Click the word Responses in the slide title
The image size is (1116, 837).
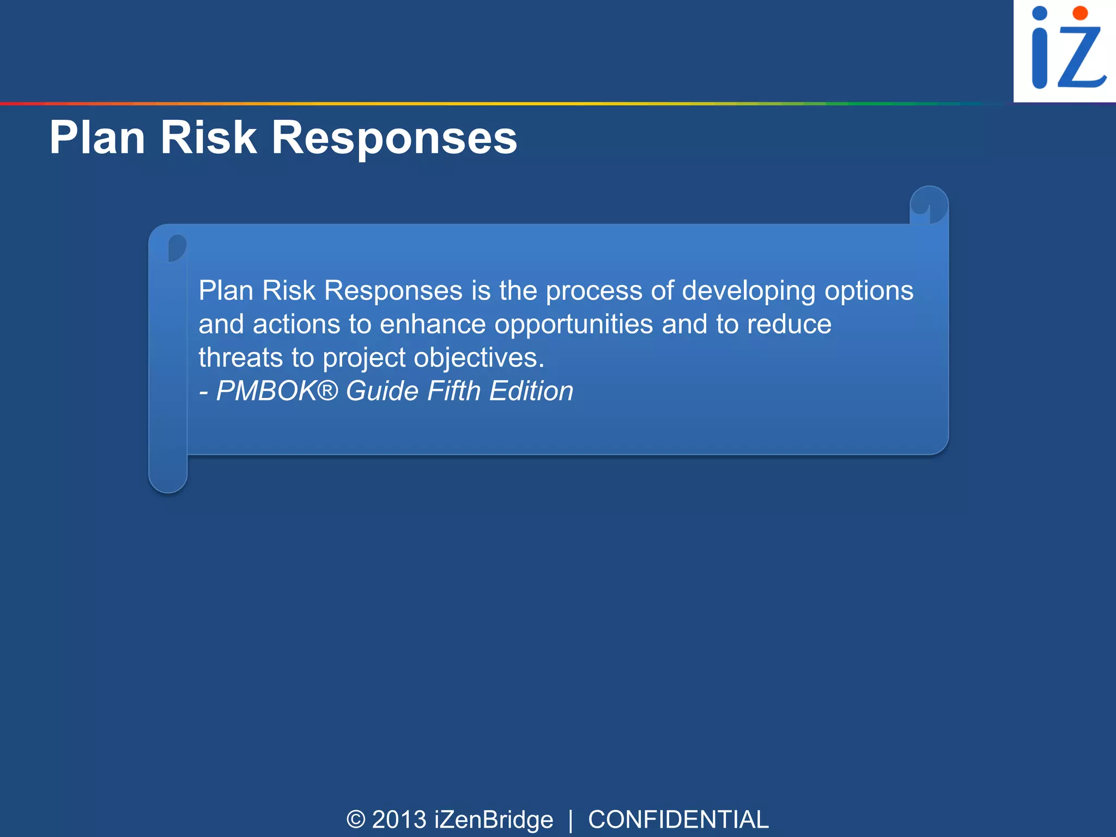(x=393, y=138)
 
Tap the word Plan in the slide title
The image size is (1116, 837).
(x=97, y=137)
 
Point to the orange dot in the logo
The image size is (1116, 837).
(x=1079, y=13)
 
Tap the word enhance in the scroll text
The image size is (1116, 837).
(x=433, y=324)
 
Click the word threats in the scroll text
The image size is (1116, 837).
(x=240, y=358)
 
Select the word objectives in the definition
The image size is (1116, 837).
(x=478, y=359)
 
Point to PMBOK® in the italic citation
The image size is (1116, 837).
(x=277, y=391)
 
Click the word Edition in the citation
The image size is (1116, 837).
(x=531, y=391)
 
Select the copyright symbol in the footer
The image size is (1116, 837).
(x=356, y=820)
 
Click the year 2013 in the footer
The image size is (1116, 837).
(x=399, y=820)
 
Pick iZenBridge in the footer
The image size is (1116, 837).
(x=494, y=820)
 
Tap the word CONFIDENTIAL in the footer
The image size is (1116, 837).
(x=678, y=820)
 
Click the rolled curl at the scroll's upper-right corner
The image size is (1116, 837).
(x=929, y=205)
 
